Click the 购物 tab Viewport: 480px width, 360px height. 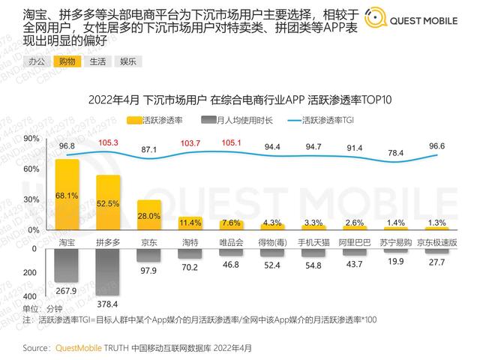[67, 61]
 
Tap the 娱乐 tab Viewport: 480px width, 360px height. [127, 61]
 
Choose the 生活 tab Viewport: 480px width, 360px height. [97, 61]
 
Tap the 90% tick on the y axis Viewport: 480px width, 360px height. [31, 139]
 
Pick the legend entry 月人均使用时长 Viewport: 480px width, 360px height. [240, 119]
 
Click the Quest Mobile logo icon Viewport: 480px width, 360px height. [370, 20]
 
